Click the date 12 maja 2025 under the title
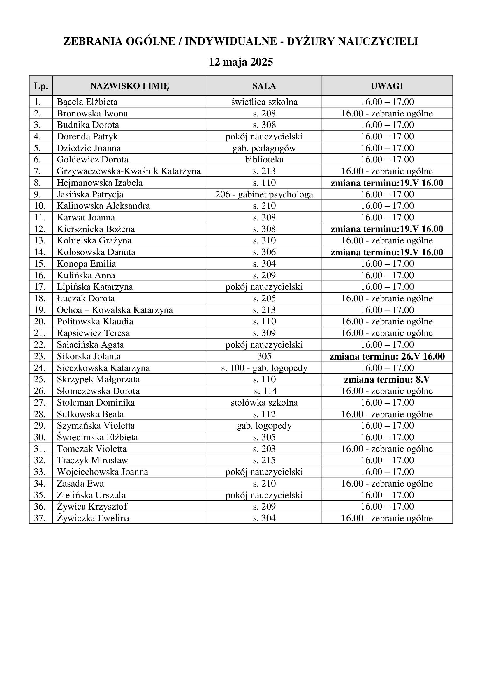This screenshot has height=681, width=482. click(241, 62)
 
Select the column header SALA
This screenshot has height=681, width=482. click(264, 86)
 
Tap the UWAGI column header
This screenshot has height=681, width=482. click(387, 86)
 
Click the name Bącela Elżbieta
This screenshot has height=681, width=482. click(87, 102)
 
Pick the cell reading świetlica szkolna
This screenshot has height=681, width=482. click(264, 102)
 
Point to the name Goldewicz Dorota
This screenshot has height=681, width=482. click(93, 160)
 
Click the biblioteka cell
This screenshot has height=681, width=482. click(264, 160)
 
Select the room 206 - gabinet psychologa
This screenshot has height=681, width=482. click(264, 194)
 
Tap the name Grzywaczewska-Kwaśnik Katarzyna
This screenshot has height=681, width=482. click(129, 171)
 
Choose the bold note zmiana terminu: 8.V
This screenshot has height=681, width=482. click(387, 380)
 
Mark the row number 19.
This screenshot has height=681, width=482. click(40, 310)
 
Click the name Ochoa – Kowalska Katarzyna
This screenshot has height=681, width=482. click(115, 310)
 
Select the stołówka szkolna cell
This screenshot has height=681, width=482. click(264, 403)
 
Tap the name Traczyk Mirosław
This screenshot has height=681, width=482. click(93, 460)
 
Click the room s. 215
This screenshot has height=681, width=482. click(264, 460)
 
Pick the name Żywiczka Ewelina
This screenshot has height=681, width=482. click(93, 519)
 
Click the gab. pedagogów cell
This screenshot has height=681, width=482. click(264, 148)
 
